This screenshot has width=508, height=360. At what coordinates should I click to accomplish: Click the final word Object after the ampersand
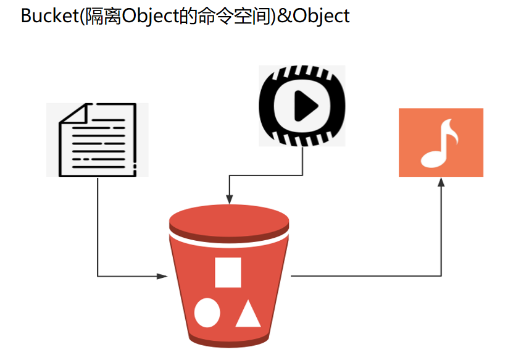pos(321,15)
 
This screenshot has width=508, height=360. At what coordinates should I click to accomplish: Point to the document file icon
pos(97,140)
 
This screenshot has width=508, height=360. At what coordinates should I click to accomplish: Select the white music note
pos(439,143)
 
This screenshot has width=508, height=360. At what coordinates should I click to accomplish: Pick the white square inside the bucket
pos(228,272)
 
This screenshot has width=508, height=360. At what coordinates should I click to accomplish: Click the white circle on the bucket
pos(207,313)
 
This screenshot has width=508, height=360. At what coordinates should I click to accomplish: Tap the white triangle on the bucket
pos(248,314)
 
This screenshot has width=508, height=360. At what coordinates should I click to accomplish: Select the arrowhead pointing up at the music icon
pos(441,182)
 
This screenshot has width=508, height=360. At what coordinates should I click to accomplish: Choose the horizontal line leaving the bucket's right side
pos(364,276)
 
